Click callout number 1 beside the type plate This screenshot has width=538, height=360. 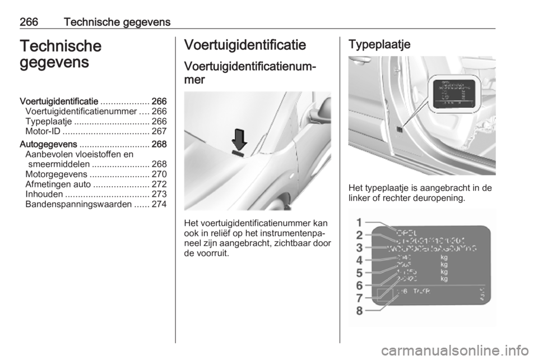pos(359,222)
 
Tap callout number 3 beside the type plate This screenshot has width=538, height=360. pos(359,247)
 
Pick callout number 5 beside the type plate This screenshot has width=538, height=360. pos(359,273)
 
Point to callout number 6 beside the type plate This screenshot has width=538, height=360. pos(359,285)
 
